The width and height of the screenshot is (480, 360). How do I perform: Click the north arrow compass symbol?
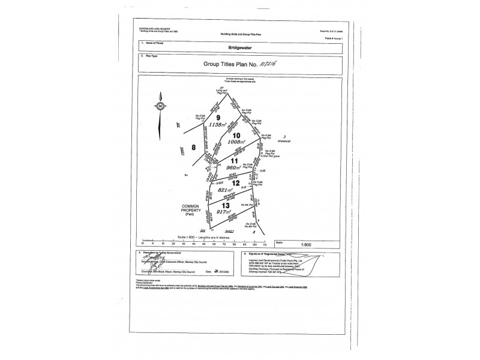pyautogui.click(x=160, y=107)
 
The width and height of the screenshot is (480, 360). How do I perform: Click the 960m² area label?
pyautogui.click(x=235, y=169)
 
